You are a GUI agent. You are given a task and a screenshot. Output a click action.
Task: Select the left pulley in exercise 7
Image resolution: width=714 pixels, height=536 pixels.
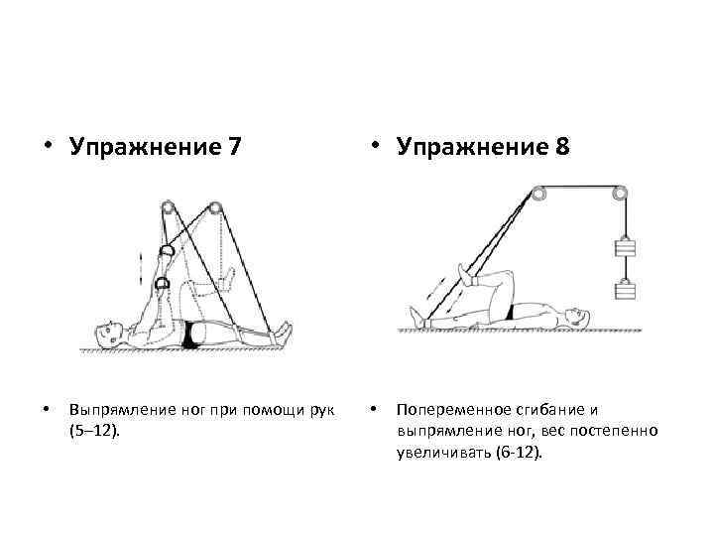point(168,208)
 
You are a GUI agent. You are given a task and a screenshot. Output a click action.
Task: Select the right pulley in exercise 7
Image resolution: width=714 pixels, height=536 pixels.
point(214,208)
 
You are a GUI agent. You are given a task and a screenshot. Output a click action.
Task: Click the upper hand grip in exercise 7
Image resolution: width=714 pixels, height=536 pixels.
point(170,252)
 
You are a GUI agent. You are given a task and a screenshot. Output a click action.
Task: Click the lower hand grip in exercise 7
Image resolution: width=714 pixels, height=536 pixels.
point(163,286)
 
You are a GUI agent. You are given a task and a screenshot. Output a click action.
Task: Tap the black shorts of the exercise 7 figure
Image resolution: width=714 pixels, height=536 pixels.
point(191,336)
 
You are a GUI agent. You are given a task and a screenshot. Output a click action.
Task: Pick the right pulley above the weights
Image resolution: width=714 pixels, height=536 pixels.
point(622,195)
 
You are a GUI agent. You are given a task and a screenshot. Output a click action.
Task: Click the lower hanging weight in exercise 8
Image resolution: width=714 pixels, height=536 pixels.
point(626,291)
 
